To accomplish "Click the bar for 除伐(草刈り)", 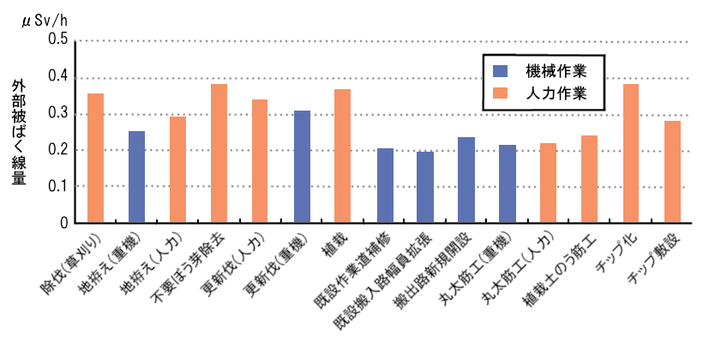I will (x=95, y=158).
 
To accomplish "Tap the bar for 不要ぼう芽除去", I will (x=219, y=153).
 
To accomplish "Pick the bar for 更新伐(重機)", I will (x=301, y=166).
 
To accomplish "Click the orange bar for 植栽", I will (x=342, y=156).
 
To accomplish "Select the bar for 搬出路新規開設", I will (x=466, y=180).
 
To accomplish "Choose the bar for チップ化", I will (x=630, y=153).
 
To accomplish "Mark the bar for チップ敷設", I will (x=671, y=171).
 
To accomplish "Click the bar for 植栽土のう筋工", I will (x=589, y=179).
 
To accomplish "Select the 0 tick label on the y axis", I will (x=63, y=223).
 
